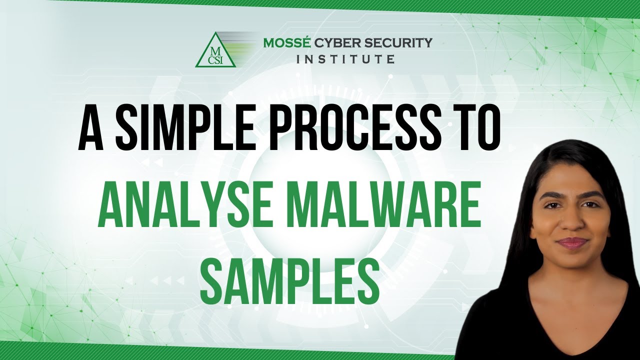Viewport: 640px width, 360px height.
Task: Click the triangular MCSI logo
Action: pyautogui.click(x=215, y=50)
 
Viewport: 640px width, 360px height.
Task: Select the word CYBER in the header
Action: pyautogui.click(x=338, y=43)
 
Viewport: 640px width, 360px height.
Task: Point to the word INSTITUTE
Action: pyautogui.click(x=345, y=59)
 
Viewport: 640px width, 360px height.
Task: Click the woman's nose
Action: pyautogui.click(x=570, y=223)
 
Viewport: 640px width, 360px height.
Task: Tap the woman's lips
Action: pyautogui.click(x=572, y=243)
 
